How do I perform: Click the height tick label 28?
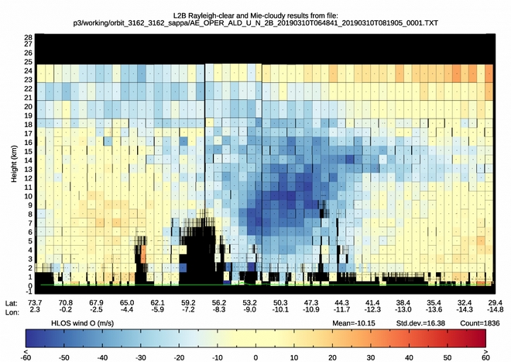click(27, 37)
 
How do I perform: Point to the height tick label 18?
click(27, 124)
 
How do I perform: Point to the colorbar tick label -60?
click(27, 357)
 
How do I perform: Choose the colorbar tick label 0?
click(256, 357)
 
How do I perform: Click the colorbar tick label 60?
click(485, 357)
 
